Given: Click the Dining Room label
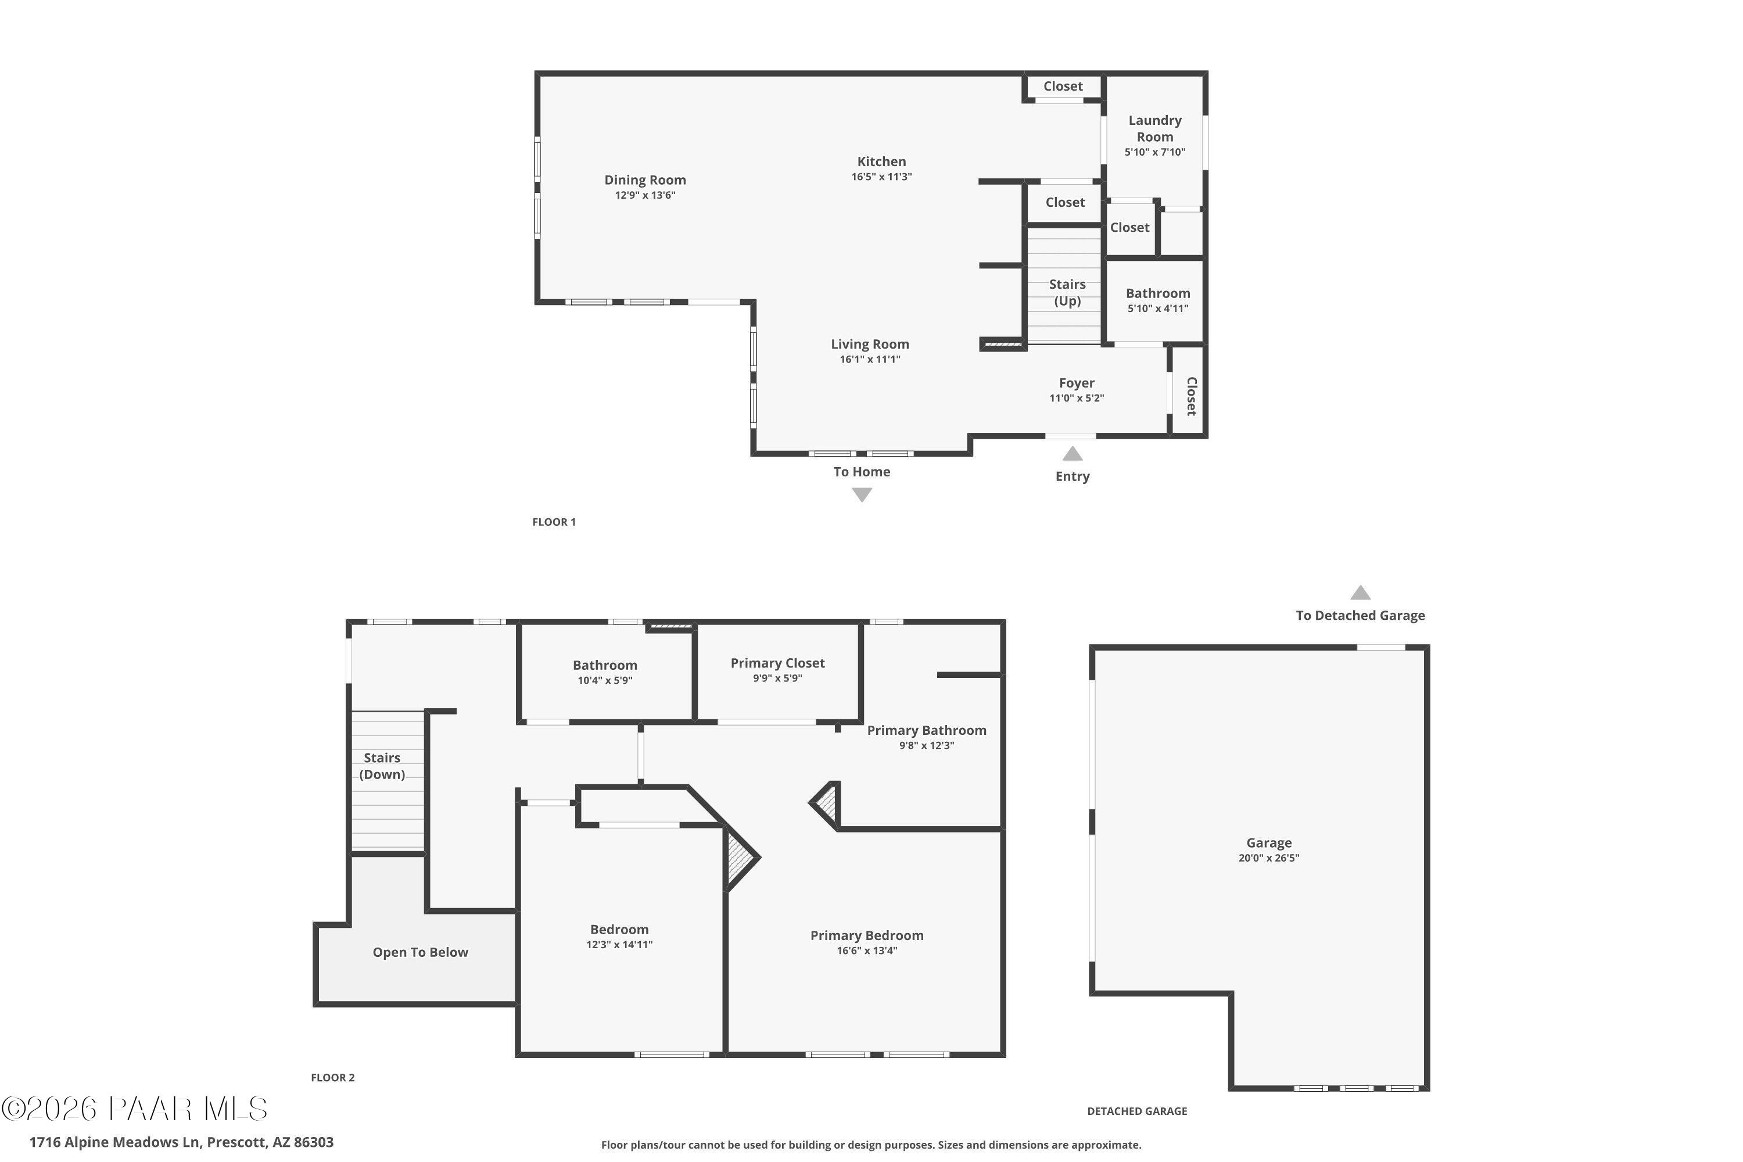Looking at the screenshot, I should [x=645, y=180].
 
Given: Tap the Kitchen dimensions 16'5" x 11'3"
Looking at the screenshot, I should [x=881, y=177].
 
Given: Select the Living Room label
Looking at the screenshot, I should [x=869, y=345].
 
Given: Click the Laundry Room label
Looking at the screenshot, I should [x=1154, y=128].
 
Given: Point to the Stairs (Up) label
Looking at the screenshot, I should [x=1067, y=293].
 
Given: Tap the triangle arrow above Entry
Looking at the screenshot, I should [x=1073, y=454].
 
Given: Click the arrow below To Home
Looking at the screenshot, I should [x=861, y=495].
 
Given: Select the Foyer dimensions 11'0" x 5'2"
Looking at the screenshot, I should [x=1076, y=398].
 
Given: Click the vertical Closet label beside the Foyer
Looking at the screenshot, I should [x=1191, y=396].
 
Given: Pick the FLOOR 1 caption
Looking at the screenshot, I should [x=554, y=522].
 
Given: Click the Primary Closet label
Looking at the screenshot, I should [x=777, y=664].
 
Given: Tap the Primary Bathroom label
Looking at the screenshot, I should [x=926, y=731].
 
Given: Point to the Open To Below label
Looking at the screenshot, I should [x=420, y=952].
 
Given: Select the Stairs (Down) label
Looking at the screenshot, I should [x=382, y=766].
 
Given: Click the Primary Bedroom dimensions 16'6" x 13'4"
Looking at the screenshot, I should [x=866, y=951].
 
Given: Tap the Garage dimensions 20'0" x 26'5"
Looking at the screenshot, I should [x=1269, y=858].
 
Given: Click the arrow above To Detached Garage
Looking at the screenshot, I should [x=1360, y=593].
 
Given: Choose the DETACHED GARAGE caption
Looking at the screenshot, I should [x=1137, y=1111].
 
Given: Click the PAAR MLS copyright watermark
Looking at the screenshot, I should [x=134, y=1109].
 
